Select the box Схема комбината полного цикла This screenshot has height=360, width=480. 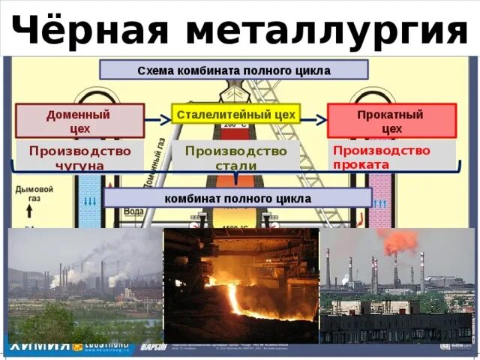click(233, 70)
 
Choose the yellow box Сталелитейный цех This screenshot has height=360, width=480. click(235, 115)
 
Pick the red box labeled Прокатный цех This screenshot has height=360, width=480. click(391, 121)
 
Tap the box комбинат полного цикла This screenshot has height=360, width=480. click(238, 198)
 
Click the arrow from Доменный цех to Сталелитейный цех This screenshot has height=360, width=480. click(157, 119)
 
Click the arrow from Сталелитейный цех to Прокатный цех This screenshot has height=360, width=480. click(313, 119)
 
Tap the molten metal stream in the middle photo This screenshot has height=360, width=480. click(232, 296)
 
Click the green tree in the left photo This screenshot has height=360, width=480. click(45, 322)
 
